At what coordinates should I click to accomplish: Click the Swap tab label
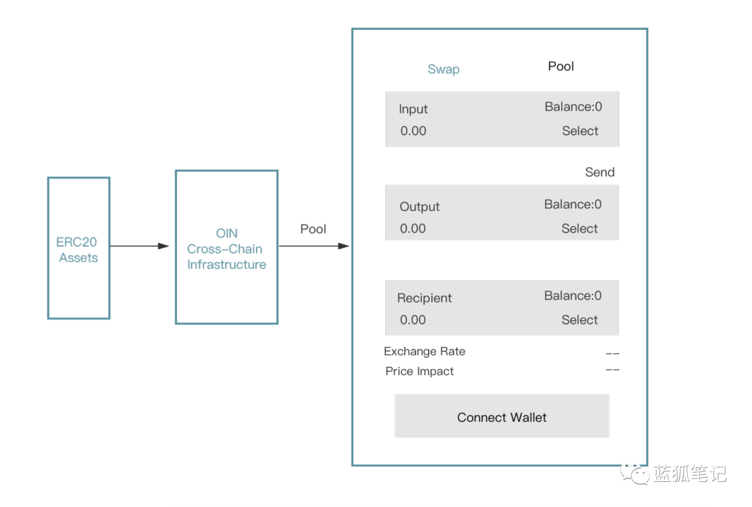pyautogui.click(x=443, y=70)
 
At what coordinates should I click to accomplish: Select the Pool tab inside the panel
pyautogui.click(x=561, y=66)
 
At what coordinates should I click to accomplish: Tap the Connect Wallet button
pyautogui.click(x=501, y=416)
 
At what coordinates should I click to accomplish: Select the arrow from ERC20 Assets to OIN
pyautogui.click(x=139, y=246)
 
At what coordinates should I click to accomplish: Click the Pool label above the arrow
pyautogui.click(x=313, y=229)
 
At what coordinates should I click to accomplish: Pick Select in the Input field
pyautogui.click(x=580, y=131)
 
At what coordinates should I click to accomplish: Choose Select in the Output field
pyautogui.click(x=579, y=228)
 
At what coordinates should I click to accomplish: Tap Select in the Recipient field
pyautogui.click(x=579, y=320)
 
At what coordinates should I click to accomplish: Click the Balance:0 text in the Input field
pyautogui.click(x=573, y=107)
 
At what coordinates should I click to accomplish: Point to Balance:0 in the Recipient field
pyautogui.click(x=572, y=295)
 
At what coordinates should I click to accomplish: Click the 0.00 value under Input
pyautogui.click(x=414, y=131)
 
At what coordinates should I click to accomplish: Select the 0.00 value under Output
pyautogui.click(x=413, y=228)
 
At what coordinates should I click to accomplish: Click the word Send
pyautogui.click(x=600, y=172)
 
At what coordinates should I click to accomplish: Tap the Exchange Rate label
pyautogui.click(x=425, y=352)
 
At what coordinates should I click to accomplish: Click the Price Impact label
pyautogui.click(x=419, y=371)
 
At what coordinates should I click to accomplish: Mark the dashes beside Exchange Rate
pyautogui.click(x=613, y=354)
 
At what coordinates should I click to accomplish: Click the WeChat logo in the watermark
pyautogui.click(x=634, y=473)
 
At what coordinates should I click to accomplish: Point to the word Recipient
pyautogui.click(x=425, y=298)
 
